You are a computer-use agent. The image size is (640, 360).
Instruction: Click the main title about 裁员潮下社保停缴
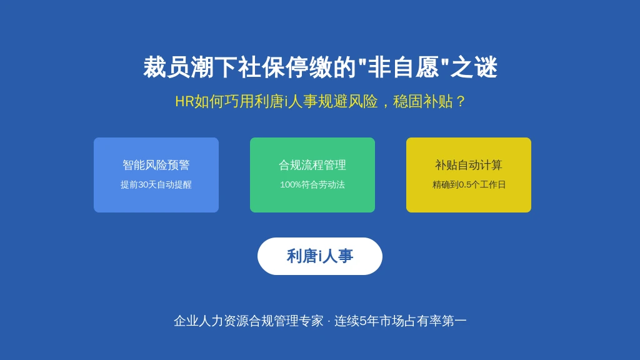click(x=320, y=67)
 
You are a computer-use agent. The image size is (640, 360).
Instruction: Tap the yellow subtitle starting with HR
click(x=320, y=101)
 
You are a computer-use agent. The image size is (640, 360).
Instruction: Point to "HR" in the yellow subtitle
click(x=184, y=102)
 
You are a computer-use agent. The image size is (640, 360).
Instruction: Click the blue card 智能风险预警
click(x=156, y=175)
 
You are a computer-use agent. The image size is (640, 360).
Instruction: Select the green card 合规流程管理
click(x=312, y=175)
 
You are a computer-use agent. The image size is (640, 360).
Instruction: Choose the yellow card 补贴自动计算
click(x=469, y=175)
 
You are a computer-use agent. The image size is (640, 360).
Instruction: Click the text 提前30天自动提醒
click(x=156, y=184)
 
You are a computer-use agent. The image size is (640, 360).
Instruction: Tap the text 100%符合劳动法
click(x=312, y=184)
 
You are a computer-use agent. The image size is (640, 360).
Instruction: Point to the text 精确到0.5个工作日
click(x=469, y=184)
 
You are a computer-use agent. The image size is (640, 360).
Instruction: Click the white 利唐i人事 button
click(x=320, y=256)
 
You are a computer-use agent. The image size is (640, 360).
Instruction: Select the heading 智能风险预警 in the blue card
click(x=156, y=165)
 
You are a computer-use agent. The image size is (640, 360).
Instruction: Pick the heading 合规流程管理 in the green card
click(x=312, y=165)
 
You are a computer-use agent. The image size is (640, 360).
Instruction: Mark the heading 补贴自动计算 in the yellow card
click(x=469, y=165)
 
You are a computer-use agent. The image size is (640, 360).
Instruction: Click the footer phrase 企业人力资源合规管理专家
click(x=249, y=321)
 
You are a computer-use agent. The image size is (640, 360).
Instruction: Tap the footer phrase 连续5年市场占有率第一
click(x=401, y=321)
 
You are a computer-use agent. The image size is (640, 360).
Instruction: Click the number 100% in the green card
click(x=291, y=185)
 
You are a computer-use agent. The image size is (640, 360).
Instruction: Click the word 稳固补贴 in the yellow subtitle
click(x=423, y=101)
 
